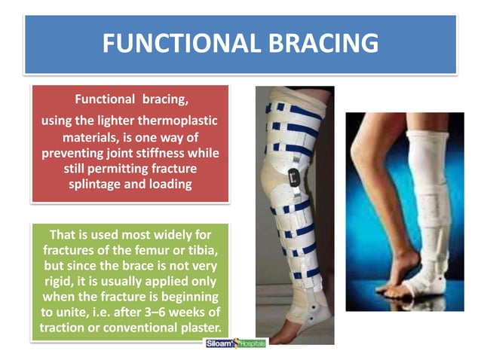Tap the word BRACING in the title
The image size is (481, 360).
click(x=320, y=44)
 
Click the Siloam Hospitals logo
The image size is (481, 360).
click(x=235, y=343)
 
